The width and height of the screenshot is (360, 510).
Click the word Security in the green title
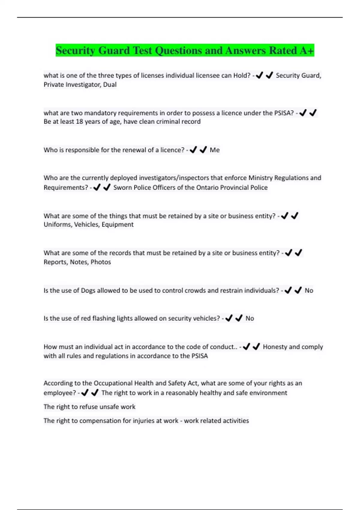click(75, 50)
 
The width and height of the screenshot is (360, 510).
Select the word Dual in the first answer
click(110, 85)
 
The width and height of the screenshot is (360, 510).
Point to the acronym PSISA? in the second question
click(284, 113)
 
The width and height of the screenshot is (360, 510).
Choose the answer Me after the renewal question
click(214, 150)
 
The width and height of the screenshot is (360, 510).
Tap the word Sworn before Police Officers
click(122, 187)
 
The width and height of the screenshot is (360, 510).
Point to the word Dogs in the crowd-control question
click(88, 290)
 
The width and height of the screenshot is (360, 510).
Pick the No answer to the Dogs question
click(309, 290)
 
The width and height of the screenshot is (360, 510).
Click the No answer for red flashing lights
click(250, 318)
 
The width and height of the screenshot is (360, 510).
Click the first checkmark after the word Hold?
click(259, 75)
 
